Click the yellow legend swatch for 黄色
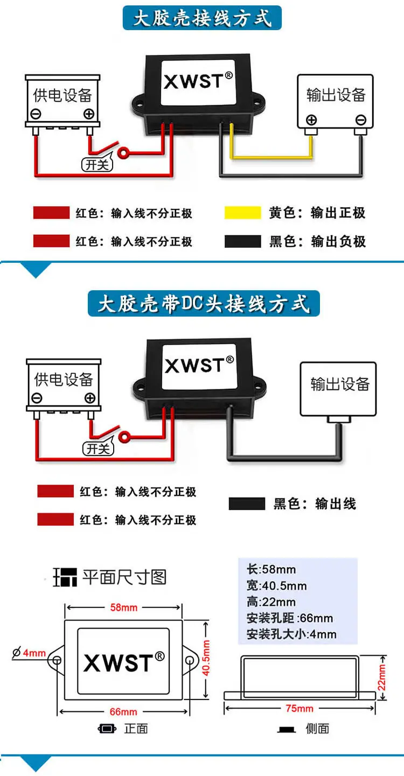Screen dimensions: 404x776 (242, 212)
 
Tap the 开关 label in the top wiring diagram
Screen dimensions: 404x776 (97, 165)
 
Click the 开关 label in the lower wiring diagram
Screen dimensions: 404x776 (99, 449)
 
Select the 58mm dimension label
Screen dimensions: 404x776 (124, 607)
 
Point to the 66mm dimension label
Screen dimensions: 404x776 (123, 711)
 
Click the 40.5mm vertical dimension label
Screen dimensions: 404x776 (206, 658)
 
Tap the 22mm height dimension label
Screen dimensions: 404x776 (381, 677)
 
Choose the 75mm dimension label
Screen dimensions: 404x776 (299, 709)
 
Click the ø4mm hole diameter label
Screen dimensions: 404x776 (29, 653)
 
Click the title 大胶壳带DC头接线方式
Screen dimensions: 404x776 (204, 304)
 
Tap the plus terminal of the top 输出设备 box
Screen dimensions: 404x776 (311, 120)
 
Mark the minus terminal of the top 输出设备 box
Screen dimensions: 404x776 (361, 120)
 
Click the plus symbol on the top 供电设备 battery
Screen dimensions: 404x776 (89, 114)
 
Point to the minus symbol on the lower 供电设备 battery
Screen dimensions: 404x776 (37, 398)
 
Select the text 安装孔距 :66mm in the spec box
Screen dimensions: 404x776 (290, 618)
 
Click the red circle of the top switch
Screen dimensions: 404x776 (123, 152)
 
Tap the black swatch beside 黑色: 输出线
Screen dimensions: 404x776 (247, 504)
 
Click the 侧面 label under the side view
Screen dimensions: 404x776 (317, 729)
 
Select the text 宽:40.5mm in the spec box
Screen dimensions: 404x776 (276, 585)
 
